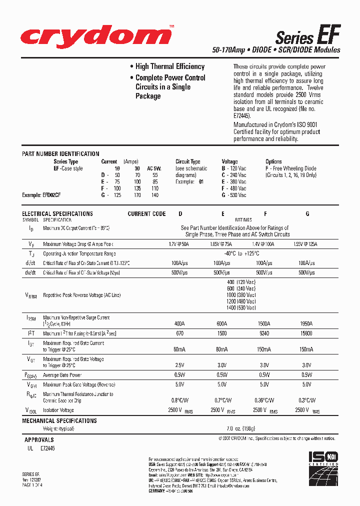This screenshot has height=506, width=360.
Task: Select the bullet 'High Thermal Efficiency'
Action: point(169,66)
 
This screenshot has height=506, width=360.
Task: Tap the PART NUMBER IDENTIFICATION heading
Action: point(60,154)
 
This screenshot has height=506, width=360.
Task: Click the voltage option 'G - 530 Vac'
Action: point(234,195)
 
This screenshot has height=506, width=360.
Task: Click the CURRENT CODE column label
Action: point(146,214)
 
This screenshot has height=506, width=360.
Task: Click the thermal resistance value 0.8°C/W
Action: point(180,400)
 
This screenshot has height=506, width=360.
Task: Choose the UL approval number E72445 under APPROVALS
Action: point(48,449)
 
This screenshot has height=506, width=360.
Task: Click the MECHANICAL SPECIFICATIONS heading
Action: point(59,421)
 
